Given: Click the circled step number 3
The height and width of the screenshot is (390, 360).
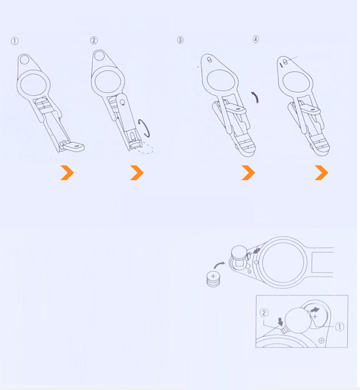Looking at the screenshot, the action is click(x=180, y=40).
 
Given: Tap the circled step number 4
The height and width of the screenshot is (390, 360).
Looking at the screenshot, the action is click(x=256, y=39).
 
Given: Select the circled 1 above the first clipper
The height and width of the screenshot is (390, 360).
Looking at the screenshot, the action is click(x=15, y=41).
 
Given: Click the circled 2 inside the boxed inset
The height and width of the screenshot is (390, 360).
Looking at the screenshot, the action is click(x=264, y=313).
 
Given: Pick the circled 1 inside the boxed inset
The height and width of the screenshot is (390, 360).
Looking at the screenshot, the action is click(x=339, y=326).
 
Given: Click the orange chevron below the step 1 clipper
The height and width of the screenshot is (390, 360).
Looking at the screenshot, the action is click(x=67, y=173).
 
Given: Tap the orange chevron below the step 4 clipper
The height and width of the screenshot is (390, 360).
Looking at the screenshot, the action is click(x=321, y=173).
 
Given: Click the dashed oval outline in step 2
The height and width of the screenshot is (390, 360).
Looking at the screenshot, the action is click(x=145, y=149).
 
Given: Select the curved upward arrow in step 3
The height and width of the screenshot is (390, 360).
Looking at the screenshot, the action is click(x=256, y=97).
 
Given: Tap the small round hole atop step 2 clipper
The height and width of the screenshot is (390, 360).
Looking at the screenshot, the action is click(x=99, y=55).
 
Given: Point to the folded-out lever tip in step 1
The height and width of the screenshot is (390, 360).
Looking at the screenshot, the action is click(x=74, y=147).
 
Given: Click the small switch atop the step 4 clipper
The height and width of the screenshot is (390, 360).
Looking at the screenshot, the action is click(x=285, y=62).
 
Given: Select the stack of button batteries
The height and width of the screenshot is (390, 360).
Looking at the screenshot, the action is click(x=213, y=279).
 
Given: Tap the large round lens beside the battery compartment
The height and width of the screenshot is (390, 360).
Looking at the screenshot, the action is click(x=283, y=262).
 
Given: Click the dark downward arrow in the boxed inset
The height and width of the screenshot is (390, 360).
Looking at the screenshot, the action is click(x=280, y=322).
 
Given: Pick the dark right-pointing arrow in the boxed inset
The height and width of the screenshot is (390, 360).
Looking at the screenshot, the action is click(x=315, y=310).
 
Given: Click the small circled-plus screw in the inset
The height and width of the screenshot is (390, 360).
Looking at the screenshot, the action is click(x=321, y=340).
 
